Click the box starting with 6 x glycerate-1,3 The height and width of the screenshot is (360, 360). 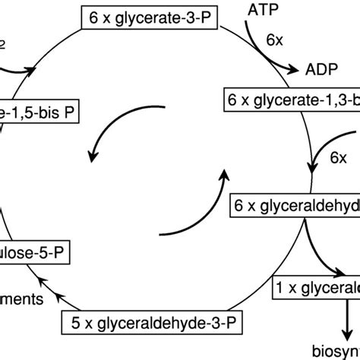(292, 99)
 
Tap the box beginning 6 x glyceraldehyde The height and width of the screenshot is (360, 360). (295, 205)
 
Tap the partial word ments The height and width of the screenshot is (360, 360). (22, 299)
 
